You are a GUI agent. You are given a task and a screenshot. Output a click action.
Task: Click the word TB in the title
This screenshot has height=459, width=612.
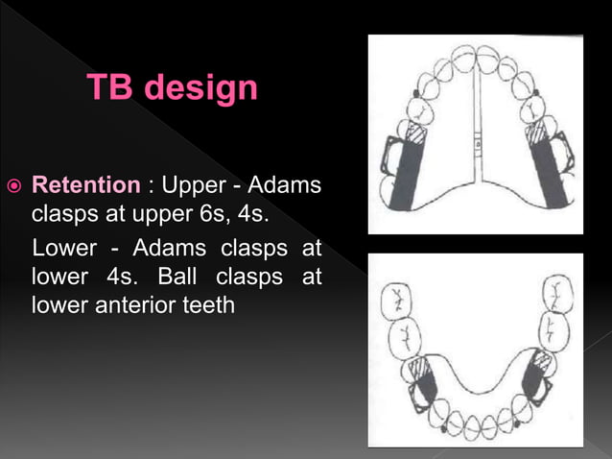click(x=106, y=88)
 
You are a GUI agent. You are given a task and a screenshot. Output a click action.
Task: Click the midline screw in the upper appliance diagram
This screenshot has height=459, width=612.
click(x=475, y=143)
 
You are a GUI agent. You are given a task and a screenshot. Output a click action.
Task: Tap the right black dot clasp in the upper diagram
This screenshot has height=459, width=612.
click(x=536, y=93)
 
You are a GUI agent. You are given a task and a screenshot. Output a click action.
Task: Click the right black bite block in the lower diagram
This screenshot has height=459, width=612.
click(x=537, y=384)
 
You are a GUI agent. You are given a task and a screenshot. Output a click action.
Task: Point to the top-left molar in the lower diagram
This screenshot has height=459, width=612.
click(x=395, y=301)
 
